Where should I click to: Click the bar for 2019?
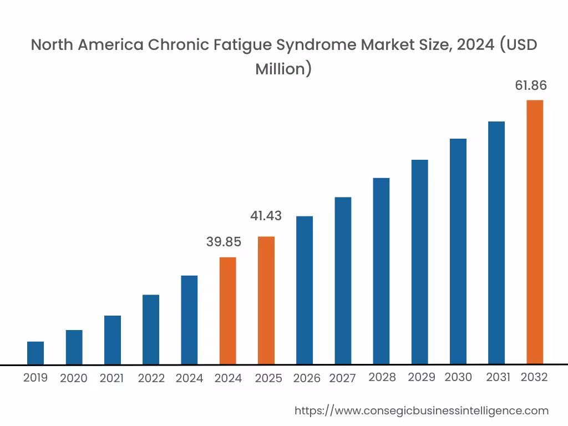pyautogui.click(x=35, y=353)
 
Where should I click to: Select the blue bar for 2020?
pyautogui.click(x=74, y=347)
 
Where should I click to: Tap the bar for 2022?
pyautogui.click(x=151, y=329)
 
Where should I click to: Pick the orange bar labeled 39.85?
pyautogui.click(x=228, y=311)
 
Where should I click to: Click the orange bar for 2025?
pyautogui.click(x=266, y=300)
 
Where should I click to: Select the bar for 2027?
pyautogui.click(x=343, y=281)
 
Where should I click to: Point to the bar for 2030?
pyautogui.click(x=458, y=251)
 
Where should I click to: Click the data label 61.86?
pyautogui.click(x=531, y=85)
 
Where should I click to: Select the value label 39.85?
pyautogui.click(x=224, y=242)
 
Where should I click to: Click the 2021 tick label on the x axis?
pyautogui.click(x=111, y=378)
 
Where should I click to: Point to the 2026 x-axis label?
pyautogui.click(x=307, y=378)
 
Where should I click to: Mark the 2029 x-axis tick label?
pyautogui.click(x=422, y=377)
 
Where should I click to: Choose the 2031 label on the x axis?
pyautogui.click(x=498, y=377)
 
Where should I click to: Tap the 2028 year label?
pyautogui.click(x=382, y=377)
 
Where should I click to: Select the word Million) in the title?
pyautogui.click(x=283, y=69)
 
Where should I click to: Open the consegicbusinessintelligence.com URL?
pyautogui.click(x=422, y=411)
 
